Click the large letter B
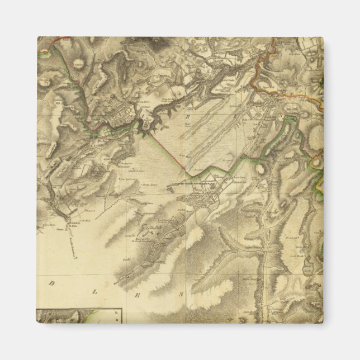pos(51,283)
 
